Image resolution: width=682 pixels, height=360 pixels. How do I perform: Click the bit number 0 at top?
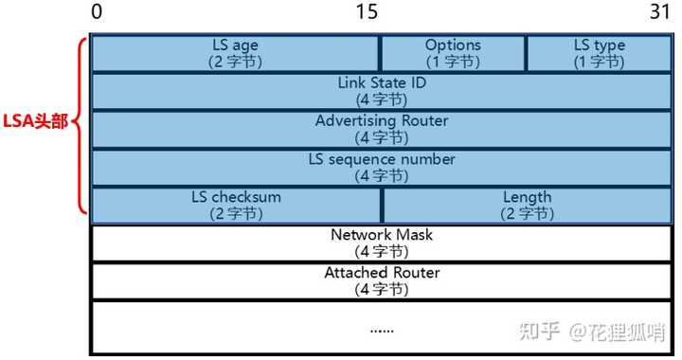tap(97, 12)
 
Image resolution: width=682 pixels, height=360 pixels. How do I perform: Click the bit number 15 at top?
tap(367, 12)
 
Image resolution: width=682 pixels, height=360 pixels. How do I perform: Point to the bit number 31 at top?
tap(659, 12)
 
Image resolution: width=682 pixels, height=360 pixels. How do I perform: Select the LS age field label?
tap(236, 45)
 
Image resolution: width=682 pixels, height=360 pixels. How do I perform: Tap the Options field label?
tap(453, 45)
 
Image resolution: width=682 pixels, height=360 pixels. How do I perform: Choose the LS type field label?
tap(599, 45)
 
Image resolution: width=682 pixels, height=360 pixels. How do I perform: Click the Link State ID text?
tap(382, 82)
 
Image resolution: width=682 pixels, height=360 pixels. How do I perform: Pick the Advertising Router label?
tap(382, 120)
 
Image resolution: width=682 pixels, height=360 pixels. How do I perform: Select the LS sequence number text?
tap(382, 158)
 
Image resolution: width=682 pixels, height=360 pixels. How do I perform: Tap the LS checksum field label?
tap(236, 197)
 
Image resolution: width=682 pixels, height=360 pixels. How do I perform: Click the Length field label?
tap(528, 197)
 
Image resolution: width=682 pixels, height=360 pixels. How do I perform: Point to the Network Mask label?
tap(382, 234)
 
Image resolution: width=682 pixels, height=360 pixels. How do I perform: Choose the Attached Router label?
tap(382, 272)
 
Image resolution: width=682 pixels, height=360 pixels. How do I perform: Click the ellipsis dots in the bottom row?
tap(382, 330)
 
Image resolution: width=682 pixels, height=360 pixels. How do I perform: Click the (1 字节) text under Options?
tap(453, 62)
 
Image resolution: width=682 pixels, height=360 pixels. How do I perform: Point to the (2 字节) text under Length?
tap(528, 213)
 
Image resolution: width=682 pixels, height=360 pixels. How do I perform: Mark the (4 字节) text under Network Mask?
tap(382, 251)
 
